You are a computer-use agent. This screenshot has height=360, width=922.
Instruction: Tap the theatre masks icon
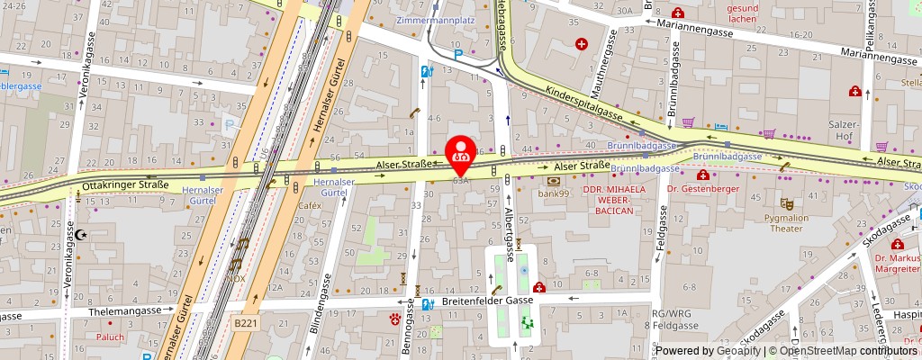[x=787, y=204]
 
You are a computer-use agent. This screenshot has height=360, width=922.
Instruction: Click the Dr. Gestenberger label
[x=704, y=188]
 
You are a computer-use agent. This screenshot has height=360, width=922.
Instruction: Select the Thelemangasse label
[x=124, y=310]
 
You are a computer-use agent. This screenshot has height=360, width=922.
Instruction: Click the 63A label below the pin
[x=462, y=180]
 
